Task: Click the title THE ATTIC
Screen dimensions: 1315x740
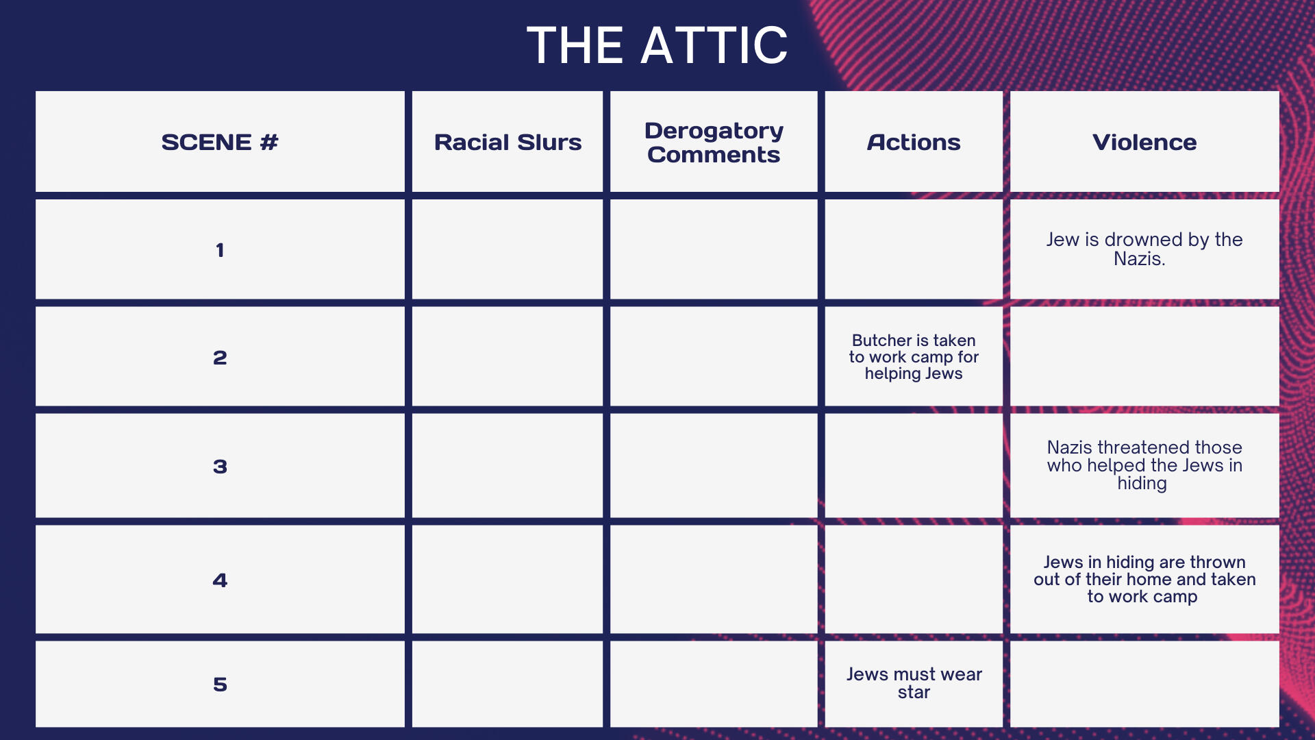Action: tap(657, 45)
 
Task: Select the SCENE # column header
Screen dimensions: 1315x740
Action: tap(220, 142)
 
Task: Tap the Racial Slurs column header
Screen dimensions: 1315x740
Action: tap(508, 142)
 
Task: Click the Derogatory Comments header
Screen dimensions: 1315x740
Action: tap(714, 143)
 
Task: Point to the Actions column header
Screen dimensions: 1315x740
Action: tap(914, 142)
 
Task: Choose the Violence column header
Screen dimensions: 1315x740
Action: tap(1144, 142)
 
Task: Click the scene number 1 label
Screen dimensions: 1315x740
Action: tap(220, 250)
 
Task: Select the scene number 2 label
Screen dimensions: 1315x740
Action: tap(220, 358)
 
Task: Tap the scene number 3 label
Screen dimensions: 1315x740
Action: tap(220, 467)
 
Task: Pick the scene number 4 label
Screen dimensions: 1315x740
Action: tap(220, 580)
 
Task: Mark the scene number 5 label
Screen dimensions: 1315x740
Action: tap(220, 684)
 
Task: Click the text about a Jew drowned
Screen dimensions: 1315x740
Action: tap(1144, 249)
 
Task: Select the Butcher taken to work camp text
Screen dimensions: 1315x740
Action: tap(914, 357)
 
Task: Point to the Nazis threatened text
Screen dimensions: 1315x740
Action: tap(1144, 465)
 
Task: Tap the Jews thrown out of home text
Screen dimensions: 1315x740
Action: tap(1144, 579)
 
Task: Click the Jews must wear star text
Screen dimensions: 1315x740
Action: tap(914, 683)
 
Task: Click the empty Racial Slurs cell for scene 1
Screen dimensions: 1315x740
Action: tap(508, 249)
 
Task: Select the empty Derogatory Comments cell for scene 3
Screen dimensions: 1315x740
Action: tap(714, 465)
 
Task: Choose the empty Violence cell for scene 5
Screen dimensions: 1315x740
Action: tap(1144, 684)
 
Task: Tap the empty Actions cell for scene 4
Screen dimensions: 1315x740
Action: tap(914, 579)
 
